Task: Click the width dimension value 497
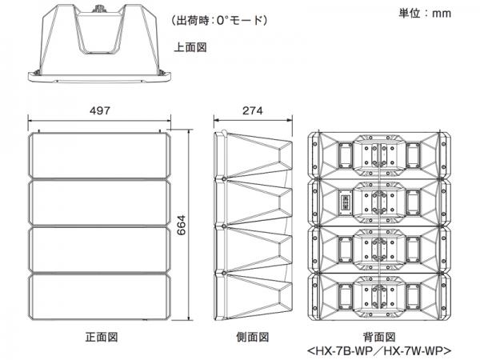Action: (x=100, y=110)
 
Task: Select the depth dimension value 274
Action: (x=253, y=110)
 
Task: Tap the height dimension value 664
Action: (x=182, y=225)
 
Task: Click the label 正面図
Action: (x=102, y=337)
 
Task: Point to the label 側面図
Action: (x=253, y=337)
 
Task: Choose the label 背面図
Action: (x=379, y=337)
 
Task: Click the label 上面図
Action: (x=190, y=47)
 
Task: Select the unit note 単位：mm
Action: (x=425, y=13)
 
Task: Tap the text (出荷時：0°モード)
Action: (x=219, y=20)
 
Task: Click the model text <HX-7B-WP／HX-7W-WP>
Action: (x=379, y=351)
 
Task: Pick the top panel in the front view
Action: (x=99, y=155)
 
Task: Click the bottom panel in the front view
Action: (x=99, y=297)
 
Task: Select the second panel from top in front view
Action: (x=99, y=202)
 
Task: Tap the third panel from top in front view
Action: (x=99, y=250)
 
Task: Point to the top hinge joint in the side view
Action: (x=224, y=179)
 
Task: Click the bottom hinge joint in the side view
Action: (x=224, y=273)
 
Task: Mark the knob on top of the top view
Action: (x=99, y=9)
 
